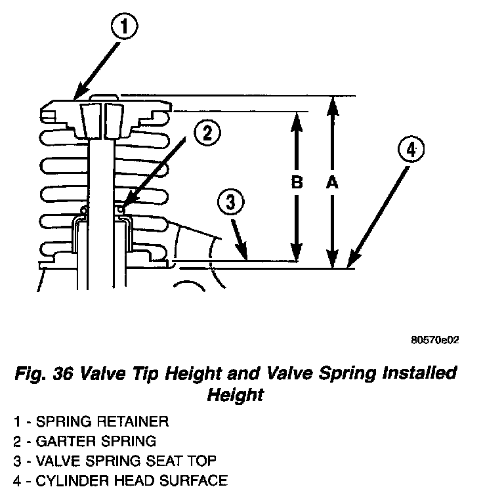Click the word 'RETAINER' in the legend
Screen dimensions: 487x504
pos(132,421)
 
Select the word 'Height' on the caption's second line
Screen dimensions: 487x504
pos(235,395)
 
